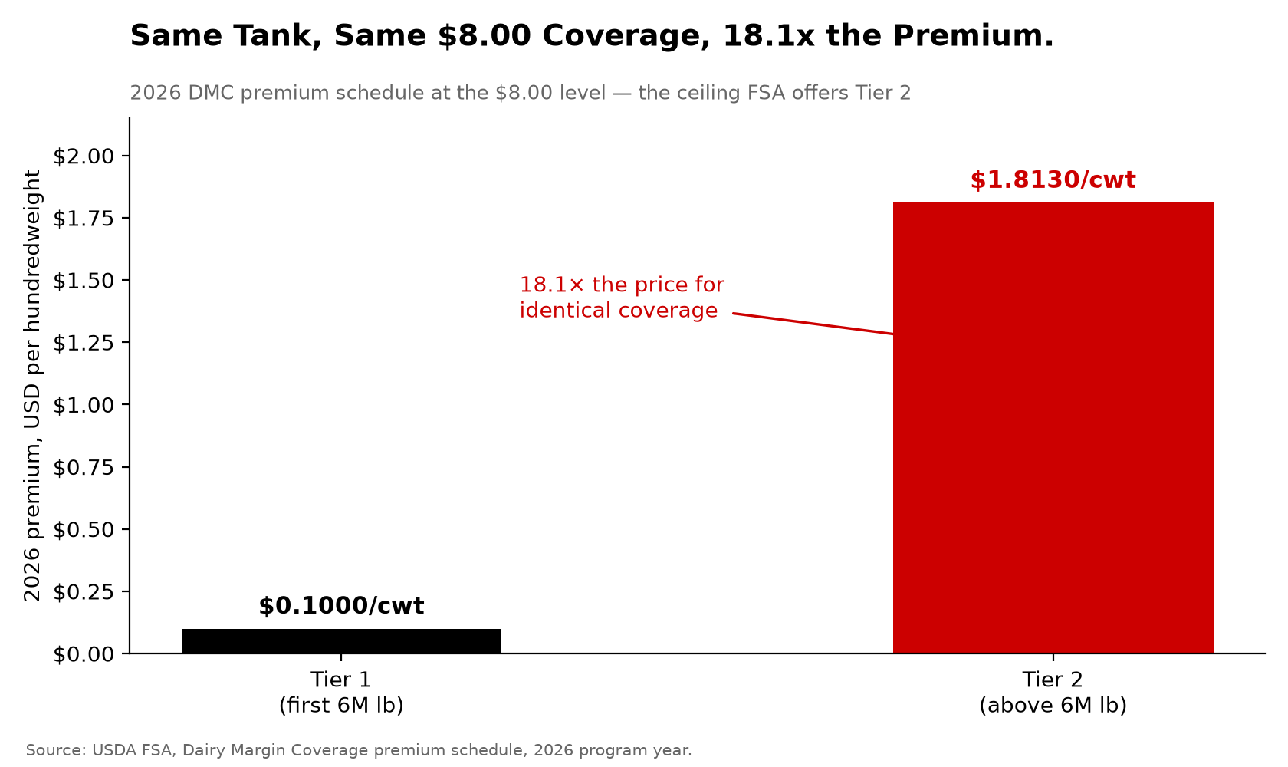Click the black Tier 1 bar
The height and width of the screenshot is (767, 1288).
click(x=342, y=641)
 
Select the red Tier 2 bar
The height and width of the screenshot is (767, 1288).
click(x=1053, y=427)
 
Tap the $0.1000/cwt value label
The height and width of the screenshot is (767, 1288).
click(x=342, y=606)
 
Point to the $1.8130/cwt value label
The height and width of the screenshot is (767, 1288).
click(x=1053, y=180)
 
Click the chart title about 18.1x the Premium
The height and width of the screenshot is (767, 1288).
click(x=592, y=36)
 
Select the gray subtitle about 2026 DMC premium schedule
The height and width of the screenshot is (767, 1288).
click(x=521, y=93)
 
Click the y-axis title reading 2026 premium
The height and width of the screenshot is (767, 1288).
click(x=32, y=386)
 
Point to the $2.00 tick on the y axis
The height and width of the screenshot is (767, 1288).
click(x=84, y=156)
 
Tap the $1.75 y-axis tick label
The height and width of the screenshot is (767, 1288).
click(x=84, y=219)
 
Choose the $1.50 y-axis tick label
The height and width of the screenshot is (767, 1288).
click(x=84, y=281)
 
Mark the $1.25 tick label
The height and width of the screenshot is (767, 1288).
click(x=84, y=343)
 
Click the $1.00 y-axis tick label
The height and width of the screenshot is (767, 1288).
click(x=84, y=405)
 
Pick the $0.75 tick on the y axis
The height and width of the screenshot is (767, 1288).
click(x=84, y=467)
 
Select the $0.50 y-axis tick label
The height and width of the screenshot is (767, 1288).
click(x=84, y=529)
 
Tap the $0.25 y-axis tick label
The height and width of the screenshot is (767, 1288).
click(x=84, y=591)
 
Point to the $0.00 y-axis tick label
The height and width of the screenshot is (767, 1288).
click(x=84, y=654)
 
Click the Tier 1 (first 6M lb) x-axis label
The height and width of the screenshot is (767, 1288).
click(x=342, y=692)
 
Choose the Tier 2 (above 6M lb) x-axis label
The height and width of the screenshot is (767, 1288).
click(x=1053, y=692)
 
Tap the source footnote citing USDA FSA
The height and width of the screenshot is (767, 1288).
click(x=359, y=750)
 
